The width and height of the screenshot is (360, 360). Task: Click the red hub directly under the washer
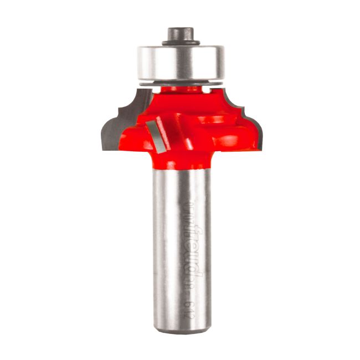pyautogui.click(x=181, y=91)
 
